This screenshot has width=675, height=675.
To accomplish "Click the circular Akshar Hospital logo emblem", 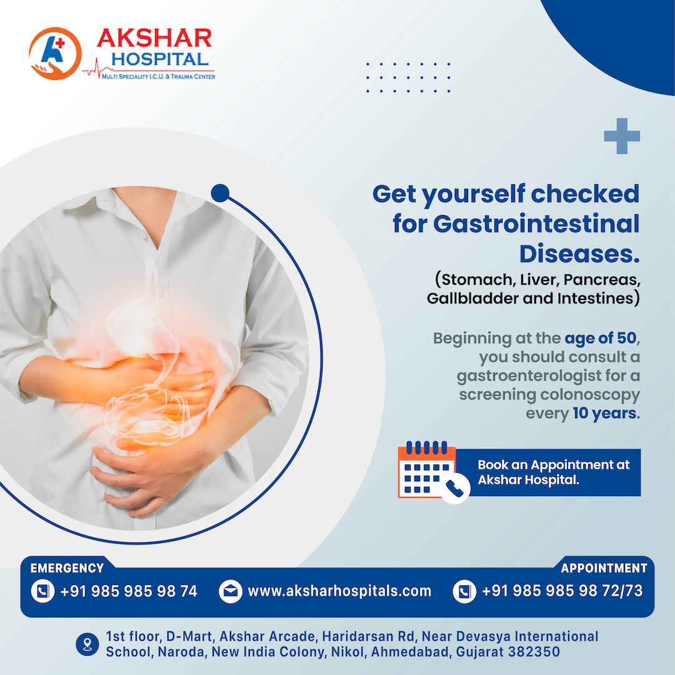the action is click(x=55, y=53).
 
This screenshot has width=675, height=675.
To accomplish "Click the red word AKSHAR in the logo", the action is click(x=154, y=38).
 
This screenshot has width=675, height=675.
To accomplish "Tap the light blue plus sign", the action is click(x=622, y=136).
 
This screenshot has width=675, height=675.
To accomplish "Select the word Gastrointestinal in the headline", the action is click(x=536, y=224).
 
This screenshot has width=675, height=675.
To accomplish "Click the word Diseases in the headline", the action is click(x=579, y=254).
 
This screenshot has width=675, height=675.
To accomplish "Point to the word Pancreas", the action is click(x=602, y=280).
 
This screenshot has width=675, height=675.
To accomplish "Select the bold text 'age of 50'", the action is click(x=601, y=338).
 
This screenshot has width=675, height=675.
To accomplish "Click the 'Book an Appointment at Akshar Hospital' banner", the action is click(x=547, y=472).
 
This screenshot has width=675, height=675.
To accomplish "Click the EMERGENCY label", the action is click(x=67, y=568).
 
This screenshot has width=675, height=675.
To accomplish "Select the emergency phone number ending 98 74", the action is click(x=129, y=591).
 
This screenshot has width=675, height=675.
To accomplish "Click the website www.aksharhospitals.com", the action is click(x=339, y=591).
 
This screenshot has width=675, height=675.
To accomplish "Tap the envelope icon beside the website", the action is click(x=230, y=591).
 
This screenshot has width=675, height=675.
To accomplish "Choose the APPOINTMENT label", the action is click(x=604, y=568).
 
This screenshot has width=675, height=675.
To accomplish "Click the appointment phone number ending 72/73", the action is click(x=562, y=591).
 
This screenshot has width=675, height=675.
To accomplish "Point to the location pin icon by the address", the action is click(x=87, y=644).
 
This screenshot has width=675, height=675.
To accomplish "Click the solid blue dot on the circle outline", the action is click(x=221, y=193).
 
